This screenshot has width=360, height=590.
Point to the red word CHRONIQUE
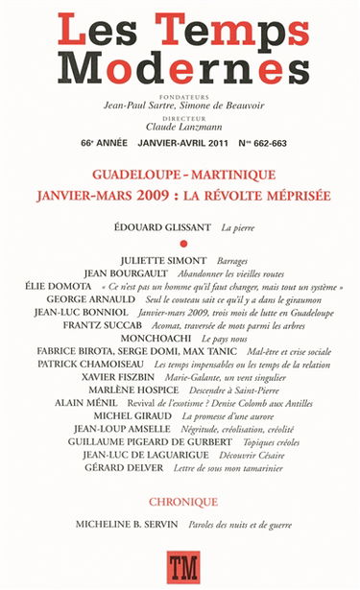coord(181,501)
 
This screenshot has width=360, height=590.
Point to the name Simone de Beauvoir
coord(227,106)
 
